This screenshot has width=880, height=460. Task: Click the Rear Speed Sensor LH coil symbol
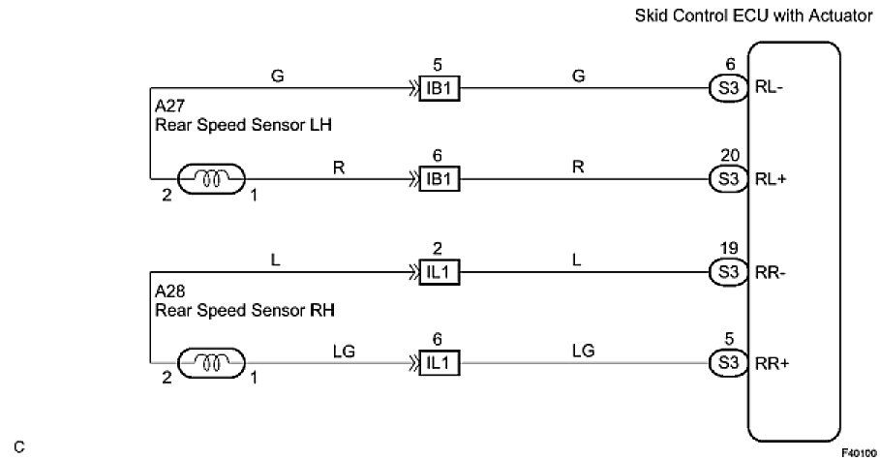(x=211, y=179)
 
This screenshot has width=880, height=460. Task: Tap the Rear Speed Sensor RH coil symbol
(x=211, y=363)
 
